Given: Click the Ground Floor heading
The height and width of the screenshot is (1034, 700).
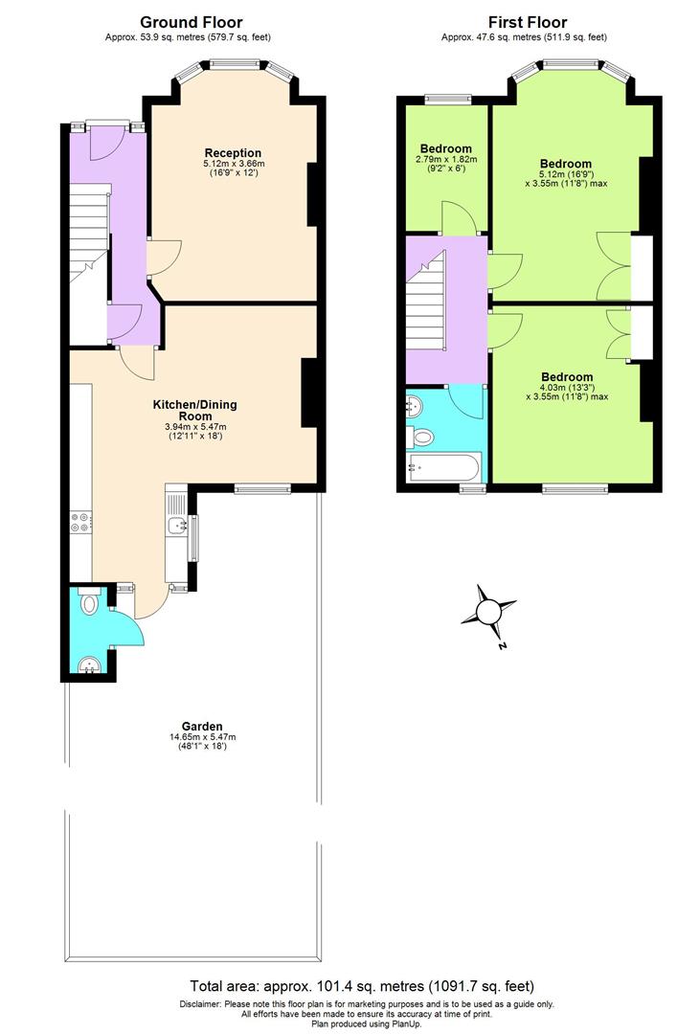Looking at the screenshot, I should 191,22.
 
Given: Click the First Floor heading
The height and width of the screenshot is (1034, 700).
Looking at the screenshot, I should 527,22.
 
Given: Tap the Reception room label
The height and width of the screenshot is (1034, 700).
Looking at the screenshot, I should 233,153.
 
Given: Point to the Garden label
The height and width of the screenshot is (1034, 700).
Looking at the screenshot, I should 202,726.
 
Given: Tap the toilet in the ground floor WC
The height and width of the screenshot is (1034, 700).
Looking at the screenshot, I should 88,603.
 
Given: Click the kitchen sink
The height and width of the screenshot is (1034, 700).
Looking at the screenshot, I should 176,525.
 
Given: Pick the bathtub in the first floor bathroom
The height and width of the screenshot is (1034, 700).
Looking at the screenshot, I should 440,468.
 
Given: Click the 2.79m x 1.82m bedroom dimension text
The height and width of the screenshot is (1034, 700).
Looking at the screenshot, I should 445,160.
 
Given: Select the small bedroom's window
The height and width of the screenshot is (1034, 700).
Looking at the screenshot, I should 447,97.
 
